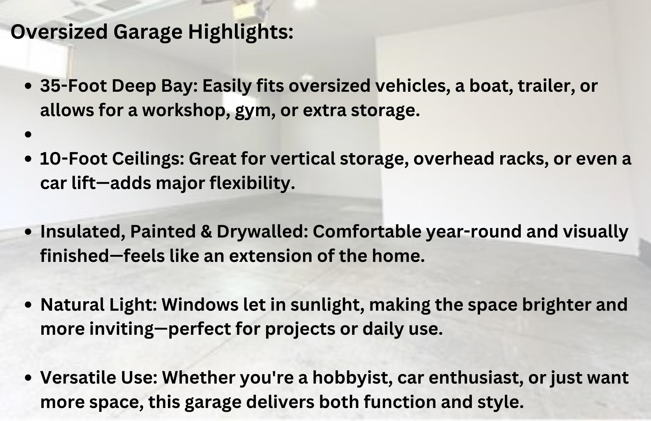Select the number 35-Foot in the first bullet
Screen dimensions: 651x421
pyautogui.click(x=70, y=86)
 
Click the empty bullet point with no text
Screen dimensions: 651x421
pyautogui.click(x=28, y=134)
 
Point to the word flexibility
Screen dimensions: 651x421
pyautogui.click(x=252, y=183)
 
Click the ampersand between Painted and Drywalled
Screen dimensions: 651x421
pyautogui.click(x=206, y=232)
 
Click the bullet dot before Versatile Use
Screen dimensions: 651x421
pyautogui.click(x=28, y=377)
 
